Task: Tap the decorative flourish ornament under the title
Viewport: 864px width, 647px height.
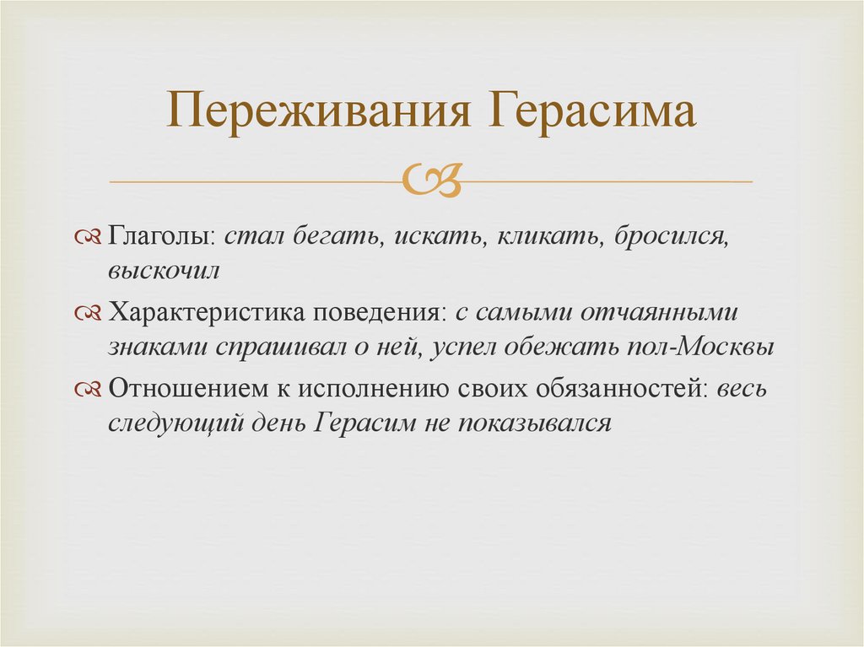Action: (433, 181)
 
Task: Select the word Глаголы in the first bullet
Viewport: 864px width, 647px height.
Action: (161, 237)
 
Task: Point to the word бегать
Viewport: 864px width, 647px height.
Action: (335, 237)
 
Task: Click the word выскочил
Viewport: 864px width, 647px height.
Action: (164, 272)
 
